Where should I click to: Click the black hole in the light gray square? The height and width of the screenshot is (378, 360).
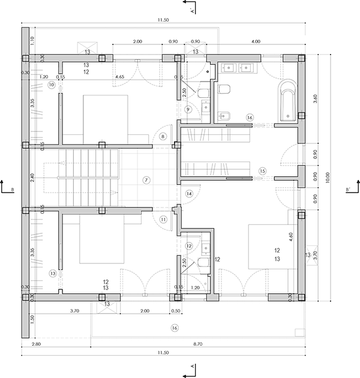point(146,178)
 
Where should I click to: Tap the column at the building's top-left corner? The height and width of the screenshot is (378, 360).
point(25,58)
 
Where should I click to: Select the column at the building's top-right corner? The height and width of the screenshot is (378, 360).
point(302,58)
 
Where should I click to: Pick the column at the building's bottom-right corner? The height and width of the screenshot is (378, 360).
point(302,297)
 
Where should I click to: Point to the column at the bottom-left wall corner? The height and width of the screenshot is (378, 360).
point(25,296)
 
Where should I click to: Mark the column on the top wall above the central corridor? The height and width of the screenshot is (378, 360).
point(178,58)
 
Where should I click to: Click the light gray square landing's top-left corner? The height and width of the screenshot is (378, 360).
point(122,152)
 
